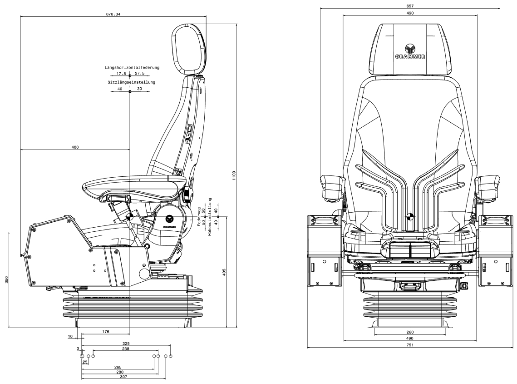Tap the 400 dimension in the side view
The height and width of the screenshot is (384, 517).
coord(75,147)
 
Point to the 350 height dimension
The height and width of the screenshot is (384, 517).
coord(6,279)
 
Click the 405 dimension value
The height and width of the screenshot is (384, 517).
coord(224,272)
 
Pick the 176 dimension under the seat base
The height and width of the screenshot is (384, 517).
coord(106,332)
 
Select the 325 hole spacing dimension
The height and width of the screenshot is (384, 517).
coord(126,343)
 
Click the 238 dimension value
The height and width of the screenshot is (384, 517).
coord(126,349)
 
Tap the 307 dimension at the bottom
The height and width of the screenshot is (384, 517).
coord(123,377)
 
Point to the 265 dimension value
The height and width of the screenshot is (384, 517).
coord(118,367)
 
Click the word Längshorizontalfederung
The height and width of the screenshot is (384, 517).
coord(132,68)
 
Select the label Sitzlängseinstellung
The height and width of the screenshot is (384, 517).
coord(132,82)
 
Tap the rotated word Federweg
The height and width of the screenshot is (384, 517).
coord(199,214)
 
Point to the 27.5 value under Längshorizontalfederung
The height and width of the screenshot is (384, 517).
coord(139,73)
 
